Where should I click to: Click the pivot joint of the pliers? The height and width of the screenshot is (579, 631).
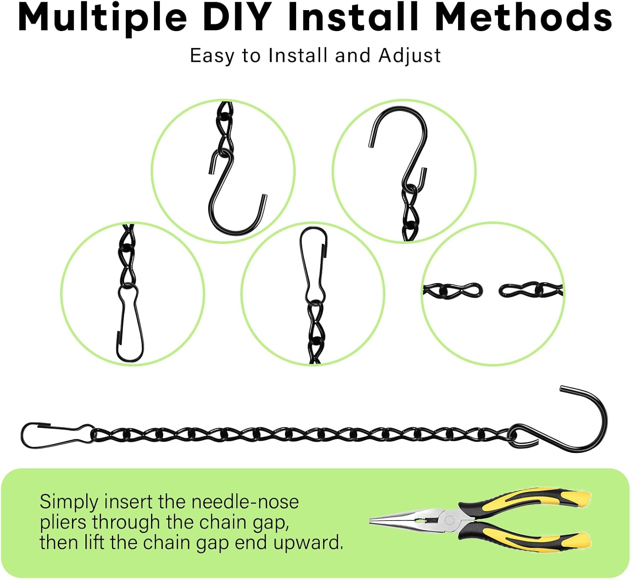pyautogui.click(x=449, y=520)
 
